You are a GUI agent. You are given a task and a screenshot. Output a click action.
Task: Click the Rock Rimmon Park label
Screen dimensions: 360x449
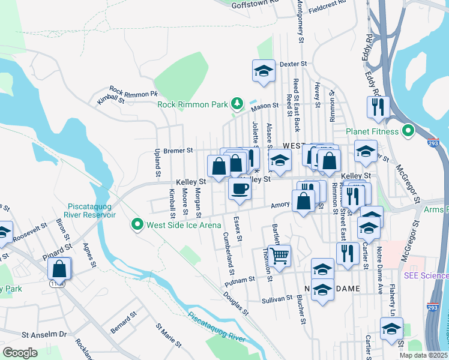coord(193,104)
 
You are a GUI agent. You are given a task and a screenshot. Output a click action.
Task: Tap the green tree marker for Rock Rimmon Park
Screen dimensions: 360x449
coord(238,104)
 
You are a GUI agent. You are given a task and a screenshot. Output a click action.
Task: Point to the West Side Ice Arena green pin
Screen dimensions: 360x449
coord(137,225)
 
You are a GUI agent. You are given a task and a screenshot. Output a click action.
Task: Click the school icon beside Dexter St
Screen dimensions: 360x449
coord(263,71)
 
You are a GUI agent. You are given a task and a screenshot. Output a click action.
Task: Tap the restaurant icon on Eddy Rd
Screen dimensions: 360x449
coord(378,107)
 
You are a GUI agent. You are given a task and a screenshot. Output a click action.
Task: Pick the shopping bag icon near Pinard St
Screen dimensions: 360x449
coord(60,268)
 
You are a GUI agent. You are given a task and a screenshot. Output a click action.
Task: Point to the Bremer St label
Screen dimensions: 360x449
coord(178,150)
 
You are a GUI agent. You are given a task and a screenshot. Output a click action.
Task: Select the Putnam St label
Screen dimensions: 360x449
coord(240,280)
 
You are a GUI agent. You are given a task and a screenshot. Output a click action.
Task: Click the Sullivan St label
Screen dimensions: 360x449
coord(277,298)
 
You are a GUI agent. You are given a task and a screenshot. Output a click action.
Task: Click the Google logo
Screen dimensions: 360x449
coord(20,352)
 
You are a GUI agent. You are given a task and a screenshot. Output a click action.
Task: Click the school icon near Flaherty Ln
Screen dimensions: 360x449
coord(391,329)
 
